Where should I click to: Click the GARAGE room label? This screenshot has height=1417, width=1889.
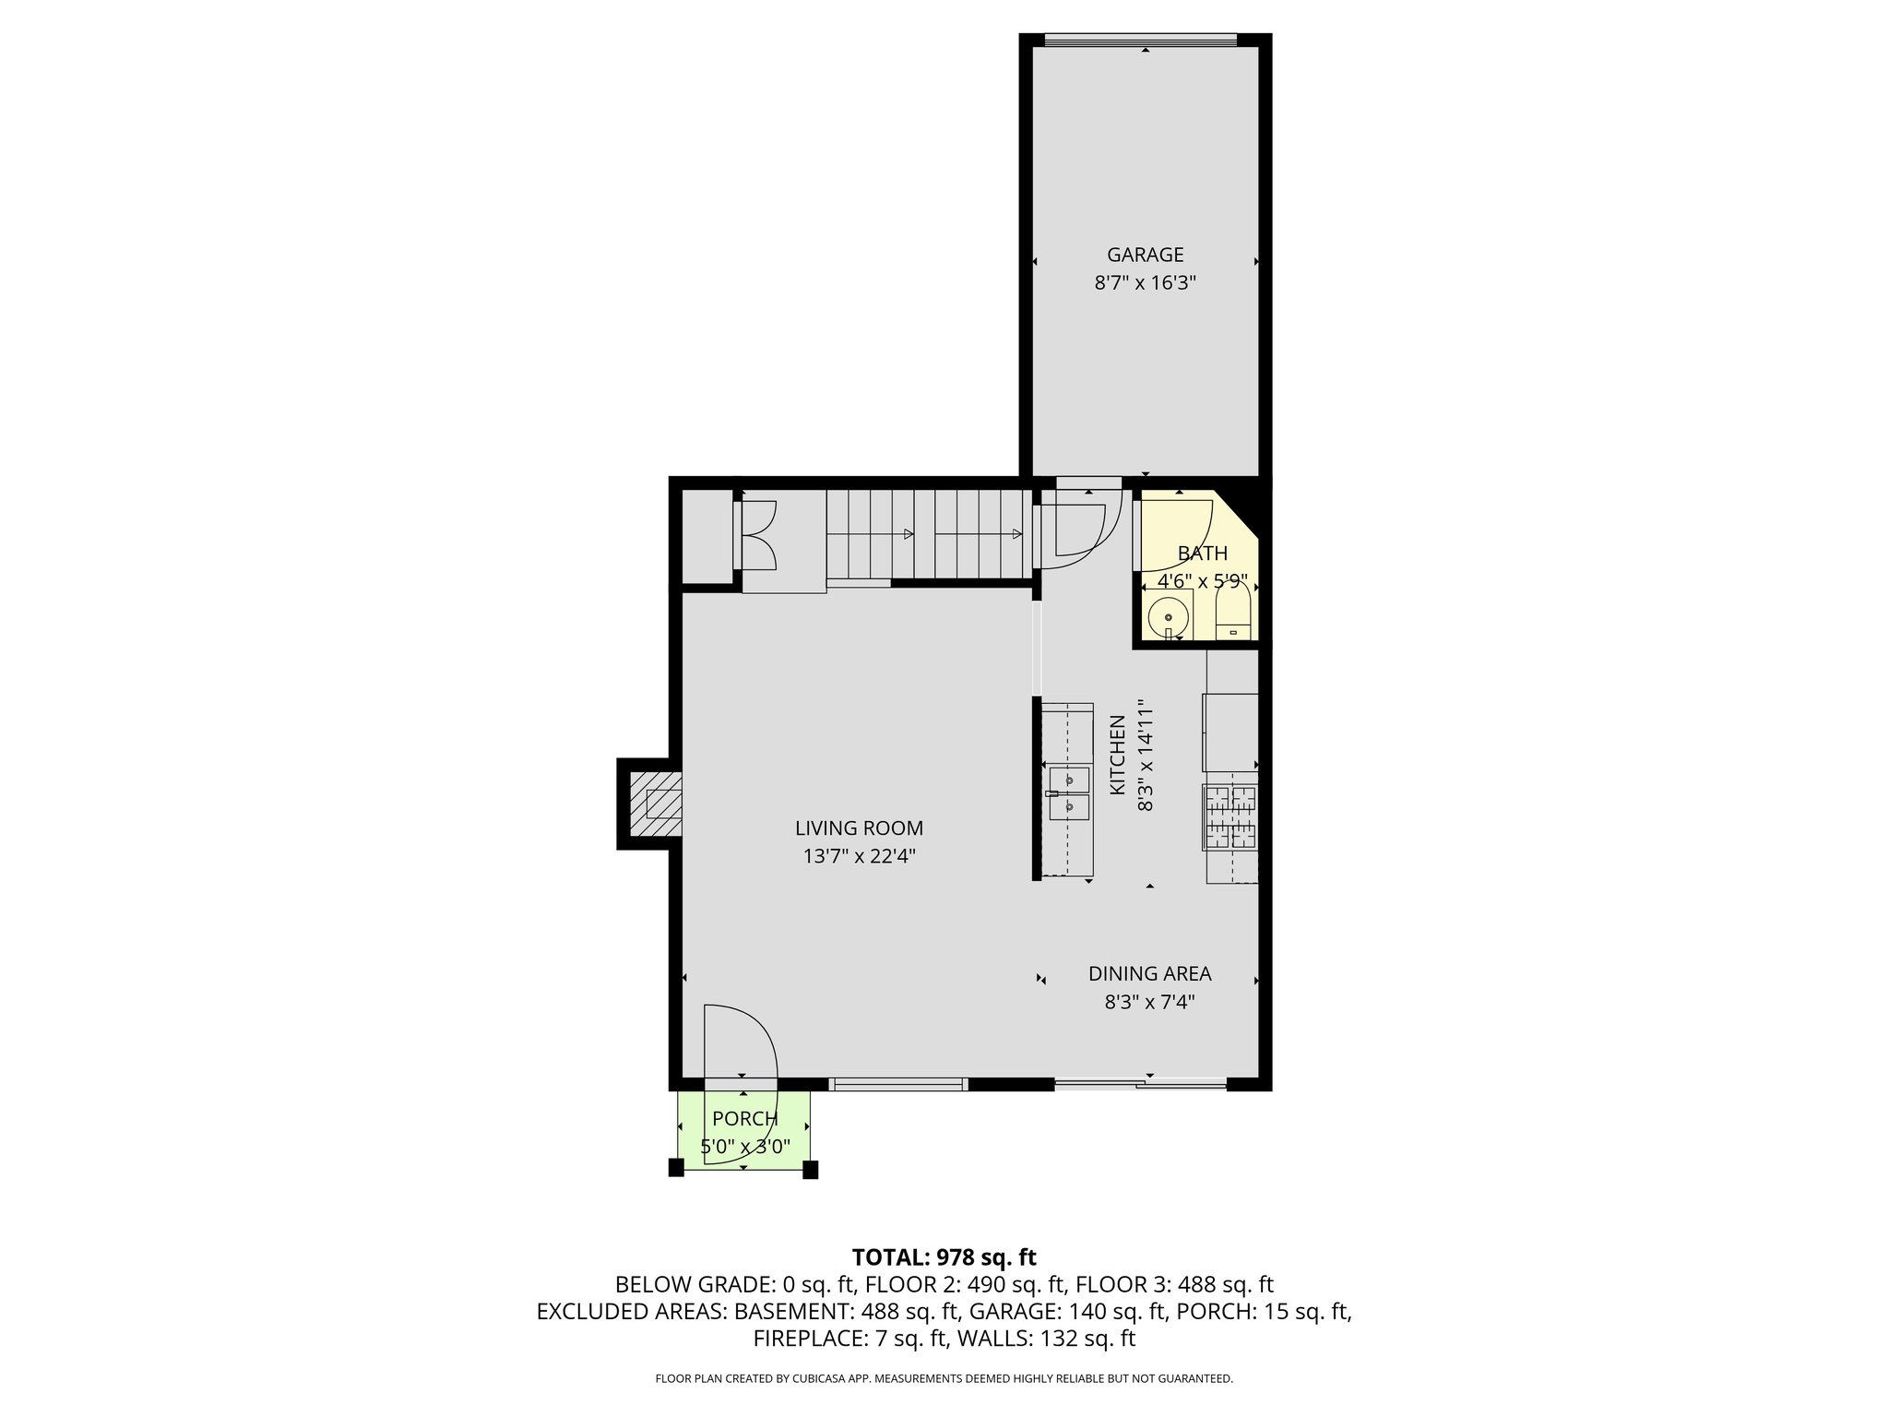point(1145,255)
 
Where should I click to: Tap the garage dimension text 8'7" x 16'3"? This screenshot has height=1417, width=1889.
point(1145,283)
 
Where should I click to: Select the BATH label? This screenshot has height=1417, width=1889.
point(1202,554)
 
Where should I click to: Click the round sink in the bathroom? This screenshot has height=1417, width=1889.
point(1169,616)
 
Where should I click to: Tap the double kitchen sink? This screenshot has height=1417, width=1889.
point(1069,793)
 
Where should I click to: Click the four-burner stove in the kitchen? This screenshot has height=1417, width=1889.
point(1230,817)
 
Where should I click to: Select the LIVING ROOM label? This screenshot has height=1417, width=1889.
point(859,828)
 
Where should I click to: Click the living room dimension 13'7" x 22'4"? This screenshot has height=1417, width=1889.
point(859,857)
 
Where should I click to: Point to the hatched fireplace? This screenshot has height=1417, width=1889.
point(655,804)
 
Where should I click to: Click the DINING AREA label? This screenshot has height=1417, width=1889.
point(1149,973)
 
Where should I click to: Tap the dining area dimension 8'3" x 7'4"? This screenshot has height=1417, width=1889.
point(1149,1002)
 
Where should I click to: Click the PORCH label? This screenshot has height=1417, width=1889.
point(744,1119)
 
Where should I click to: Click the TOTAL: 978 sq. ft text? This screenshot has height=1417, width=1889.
point(944,1257)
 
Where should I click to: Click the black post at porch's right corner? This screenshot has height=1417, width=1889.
point(810,1170)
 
